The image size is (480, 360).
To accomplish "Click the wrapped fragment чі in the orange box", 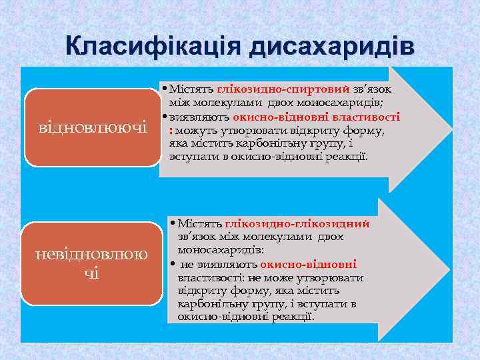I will pos(93,273).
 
